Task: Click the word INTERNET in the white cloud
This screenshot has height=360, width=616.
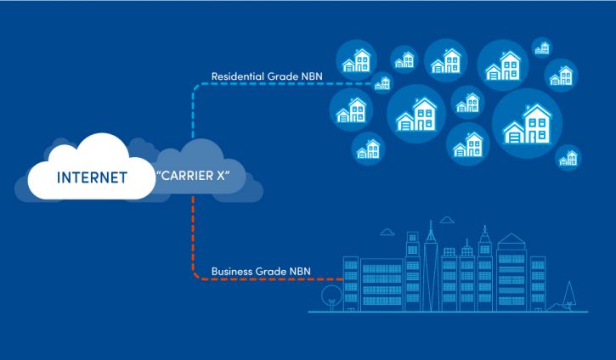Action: point(92,177)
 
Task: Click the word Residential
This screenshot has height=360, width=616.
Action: point(237,76)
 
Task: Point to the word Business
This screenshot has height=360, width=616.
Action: point(232,272)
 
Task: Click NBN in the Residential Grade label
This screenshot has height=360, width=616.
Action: point(311,76)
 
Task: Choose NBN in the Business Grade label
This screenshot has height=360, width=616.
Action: point(300,272)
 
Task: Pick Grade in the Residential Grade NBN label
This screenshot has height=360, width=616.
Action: point(282,76)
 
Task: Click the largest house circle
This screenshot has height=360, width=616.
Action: point(527,124)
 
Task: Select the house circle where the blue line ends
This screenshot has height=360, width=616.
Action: point(382,83)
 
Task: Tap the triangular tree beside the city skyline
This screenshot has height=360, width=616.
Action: point(569,295)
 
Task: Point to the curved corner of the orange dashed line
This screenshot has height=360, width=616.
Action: point(195,276)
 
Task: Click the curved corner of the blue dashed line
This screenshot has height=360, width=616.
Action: point(196,87)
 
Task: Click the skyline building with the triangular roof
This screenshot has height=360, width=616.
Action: point(511,272)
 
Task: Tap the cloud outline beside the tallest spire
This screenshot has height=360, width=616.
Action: point(447,220)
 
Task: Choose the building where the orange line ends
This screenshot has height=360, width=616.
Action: point(350,284)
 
